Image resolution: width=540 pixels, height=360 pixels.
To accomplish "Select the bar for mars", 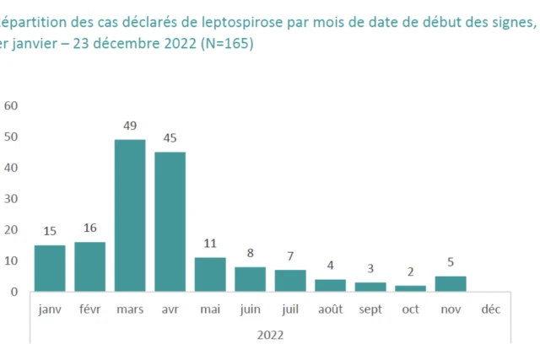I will tap(130, 215).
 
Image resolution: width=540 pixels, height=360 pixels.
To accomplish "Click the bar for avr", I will tap(170, 222).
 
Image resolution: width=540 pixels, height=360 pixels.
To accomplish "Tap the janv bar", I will tap(50, 268).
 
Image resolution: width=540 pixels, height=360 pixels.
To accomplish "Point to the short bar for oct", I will tap(410, 288).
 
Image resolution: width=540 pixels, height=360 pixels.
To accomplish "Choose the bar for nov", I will tap(451, 283).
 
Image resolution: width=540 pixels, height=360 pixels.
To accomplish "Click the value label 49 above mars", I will tap(130, 126).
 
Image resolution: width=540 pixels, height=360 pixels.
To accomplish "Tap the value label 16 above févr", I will tap(89, 228).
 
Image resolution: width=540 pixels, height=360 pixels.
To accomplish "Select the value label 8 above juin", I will tap(250, 252).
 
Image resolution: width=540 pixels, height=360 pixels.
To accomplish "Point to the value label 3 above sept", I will tap(370, 268).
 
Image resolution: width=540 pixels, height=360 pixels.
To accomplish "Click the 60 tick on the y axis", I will tap(11, 105).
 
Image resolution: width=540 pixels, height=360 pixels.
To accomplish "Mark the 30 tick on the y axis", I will tap(11, 199).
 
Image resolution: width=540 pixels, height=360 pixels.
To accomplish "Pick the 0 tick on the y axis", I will tap(14, 292).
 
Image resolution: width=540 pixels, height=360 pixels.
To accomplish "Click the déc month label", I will tap(490, 309).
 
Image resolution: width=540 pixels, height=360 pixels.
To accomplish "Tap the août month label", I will tap(330, 309).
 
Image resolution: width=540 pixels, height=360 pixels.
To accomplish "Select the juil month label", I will tap(290, 309).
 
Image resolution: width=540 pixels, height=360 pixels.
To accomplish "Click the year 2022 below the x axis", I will tap(270, 335).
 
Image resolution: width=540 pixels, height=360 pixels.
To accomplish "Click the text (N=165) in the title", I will tap(222, 43).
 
